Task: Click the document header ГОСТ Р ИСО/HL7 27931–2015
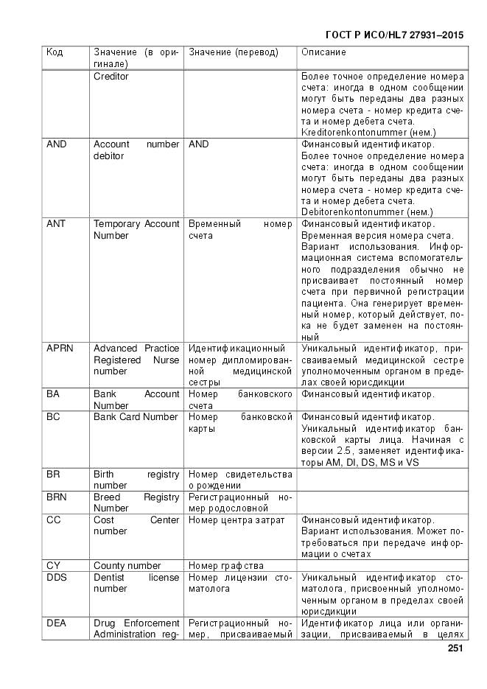(x=394, y=35)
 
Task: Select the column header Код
(x=55, y=52)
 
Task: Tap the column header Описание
(x=323, y=52)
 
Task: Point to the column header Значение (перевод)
(x=234, y=52)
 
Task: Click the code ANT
(x=56, y=224)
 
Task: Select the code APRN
(x=60, y=348)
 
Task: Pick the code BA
(x=53, y=394)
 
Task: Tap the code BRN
(x=57, y=497)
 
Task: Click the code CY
(x=53, y=566)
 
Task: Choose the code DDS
(x=57, y=578)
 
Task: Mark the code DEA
(x=56, y=623)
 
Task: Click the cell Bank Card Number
(x=136, y=417)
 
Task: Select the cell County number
(x=127, y=566)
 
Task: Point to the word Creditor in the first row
(x=111, y=76)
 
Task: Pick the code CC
(x=53, y=520)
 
